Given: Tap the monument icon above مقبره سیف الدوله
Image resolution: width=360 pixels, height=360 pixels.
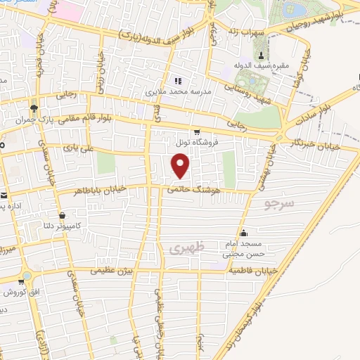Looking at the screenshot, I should (x=262, y=56).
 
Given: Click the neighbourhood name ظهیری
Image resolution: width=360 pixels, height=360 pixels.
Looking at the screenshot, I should (x=184, y=247).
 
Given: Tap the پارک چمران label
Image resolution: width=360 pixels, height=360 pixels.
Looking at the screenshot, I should (x=34, y=119).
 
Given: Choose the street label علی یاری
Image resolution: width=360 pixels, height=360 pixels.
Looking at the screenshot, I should (x=77, y=148).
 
